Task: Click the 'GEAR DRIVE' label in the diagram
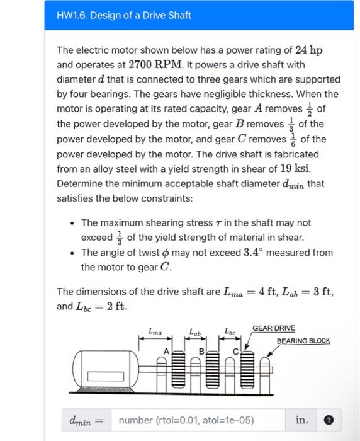[x=273, y=328]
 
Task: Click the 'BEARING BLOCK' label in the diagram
[x=303, y=340]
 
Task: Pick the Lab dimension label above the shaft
[x=194, y=330]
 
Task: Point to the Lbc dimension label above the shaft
[x=229, y=330]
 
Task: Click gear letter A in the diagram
[x=167, y=350]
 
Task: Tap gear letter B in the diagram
[x=203, y=350]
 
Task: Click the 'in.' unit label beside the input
[x=301, y=420]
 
